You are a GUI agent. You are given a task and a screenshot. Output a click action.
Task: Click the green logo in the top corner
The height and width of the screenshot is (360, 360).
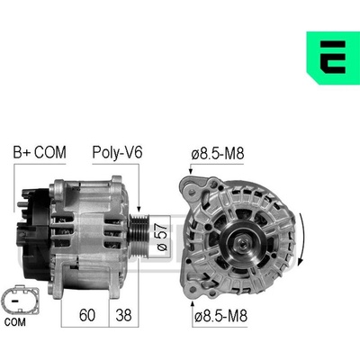333,58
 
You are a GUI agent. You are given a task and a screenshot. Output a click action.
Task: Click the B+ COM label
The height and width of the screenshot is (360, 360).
40,152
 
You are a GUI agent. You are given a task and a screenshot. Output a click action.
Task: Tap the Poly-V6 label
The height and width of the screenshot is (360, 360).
117,152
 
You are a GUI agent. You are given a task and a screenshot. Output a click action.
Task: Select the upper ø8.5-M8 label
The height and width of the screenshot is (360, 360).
218,154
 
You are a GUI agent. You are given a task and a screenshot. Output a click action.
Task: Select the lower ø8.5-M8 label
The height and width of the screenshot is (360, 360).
220,316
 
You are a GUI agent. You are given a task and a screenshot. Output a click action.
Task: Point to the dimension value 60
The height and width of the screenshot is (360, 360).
87,315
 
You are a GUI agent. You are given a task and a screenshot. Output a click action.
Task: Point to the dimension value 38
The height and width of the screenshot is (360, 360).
123,315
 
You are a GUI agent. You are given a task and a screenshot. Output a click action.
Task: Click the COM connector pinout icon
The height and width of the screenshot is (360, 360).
20,300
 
